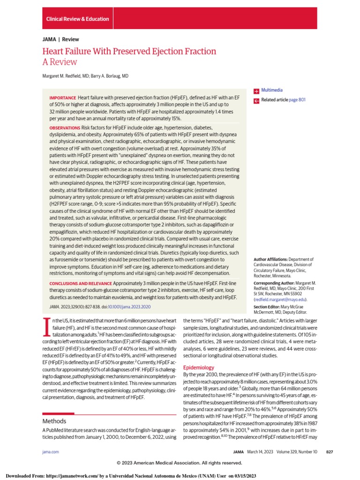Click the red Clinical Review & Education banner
click(x=78, y=19)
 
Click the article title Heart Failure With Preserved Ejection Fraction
click(x=129, y=52)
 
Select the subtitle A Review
click(x=60, y=62)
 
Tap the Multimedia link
click(x=272, y=90)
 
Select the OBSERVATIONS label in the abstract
click(x=65, y=128)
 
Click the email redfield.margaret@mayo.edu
click(x=280, y=299)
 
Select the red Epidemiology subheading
click(x=198, y=367)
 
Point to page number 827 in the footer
click(x=329, y=451)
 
